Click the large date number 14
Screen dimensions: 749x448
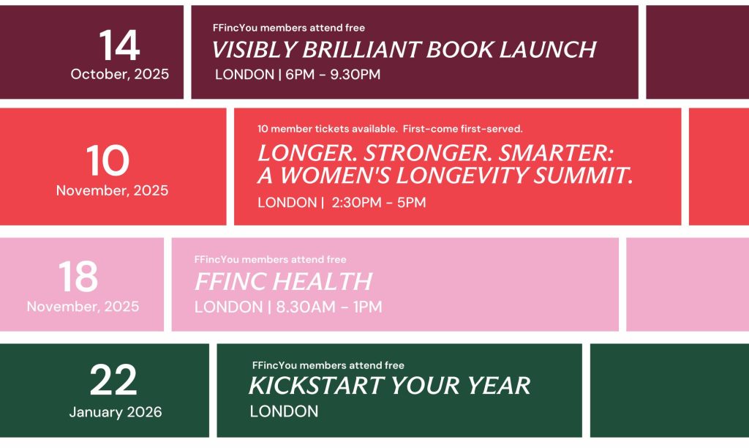coord(119,45)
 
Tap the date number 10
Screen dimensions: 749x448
coord(108,160)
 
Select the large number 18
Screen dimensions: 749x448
coord(78,277)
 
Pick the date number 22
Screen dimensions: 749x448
coord(113,380)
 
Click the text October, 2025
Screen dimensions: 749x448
coord(120,74)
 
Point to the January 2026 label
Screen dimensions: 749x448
coord(116,411)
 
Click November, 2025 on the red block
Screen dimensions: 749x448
coord(112,190)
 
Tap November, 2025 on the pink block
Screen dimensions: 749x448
coord(83,306)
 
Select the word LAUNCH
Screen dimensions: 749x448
coord(549,50)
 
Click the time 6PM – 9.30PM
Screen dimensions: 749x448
coord(333,75)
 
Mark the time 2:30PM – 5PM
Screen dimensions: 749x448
coord(379,202)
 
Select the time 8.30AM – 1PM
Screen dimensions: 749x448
coord(329,307)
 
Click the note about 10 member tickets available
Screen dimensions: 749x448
coord(391,129)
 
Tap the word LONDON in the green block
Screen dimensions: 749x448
coord(284,411)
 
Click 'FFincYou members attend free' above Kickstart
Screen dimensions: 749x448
coord(328,365)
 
